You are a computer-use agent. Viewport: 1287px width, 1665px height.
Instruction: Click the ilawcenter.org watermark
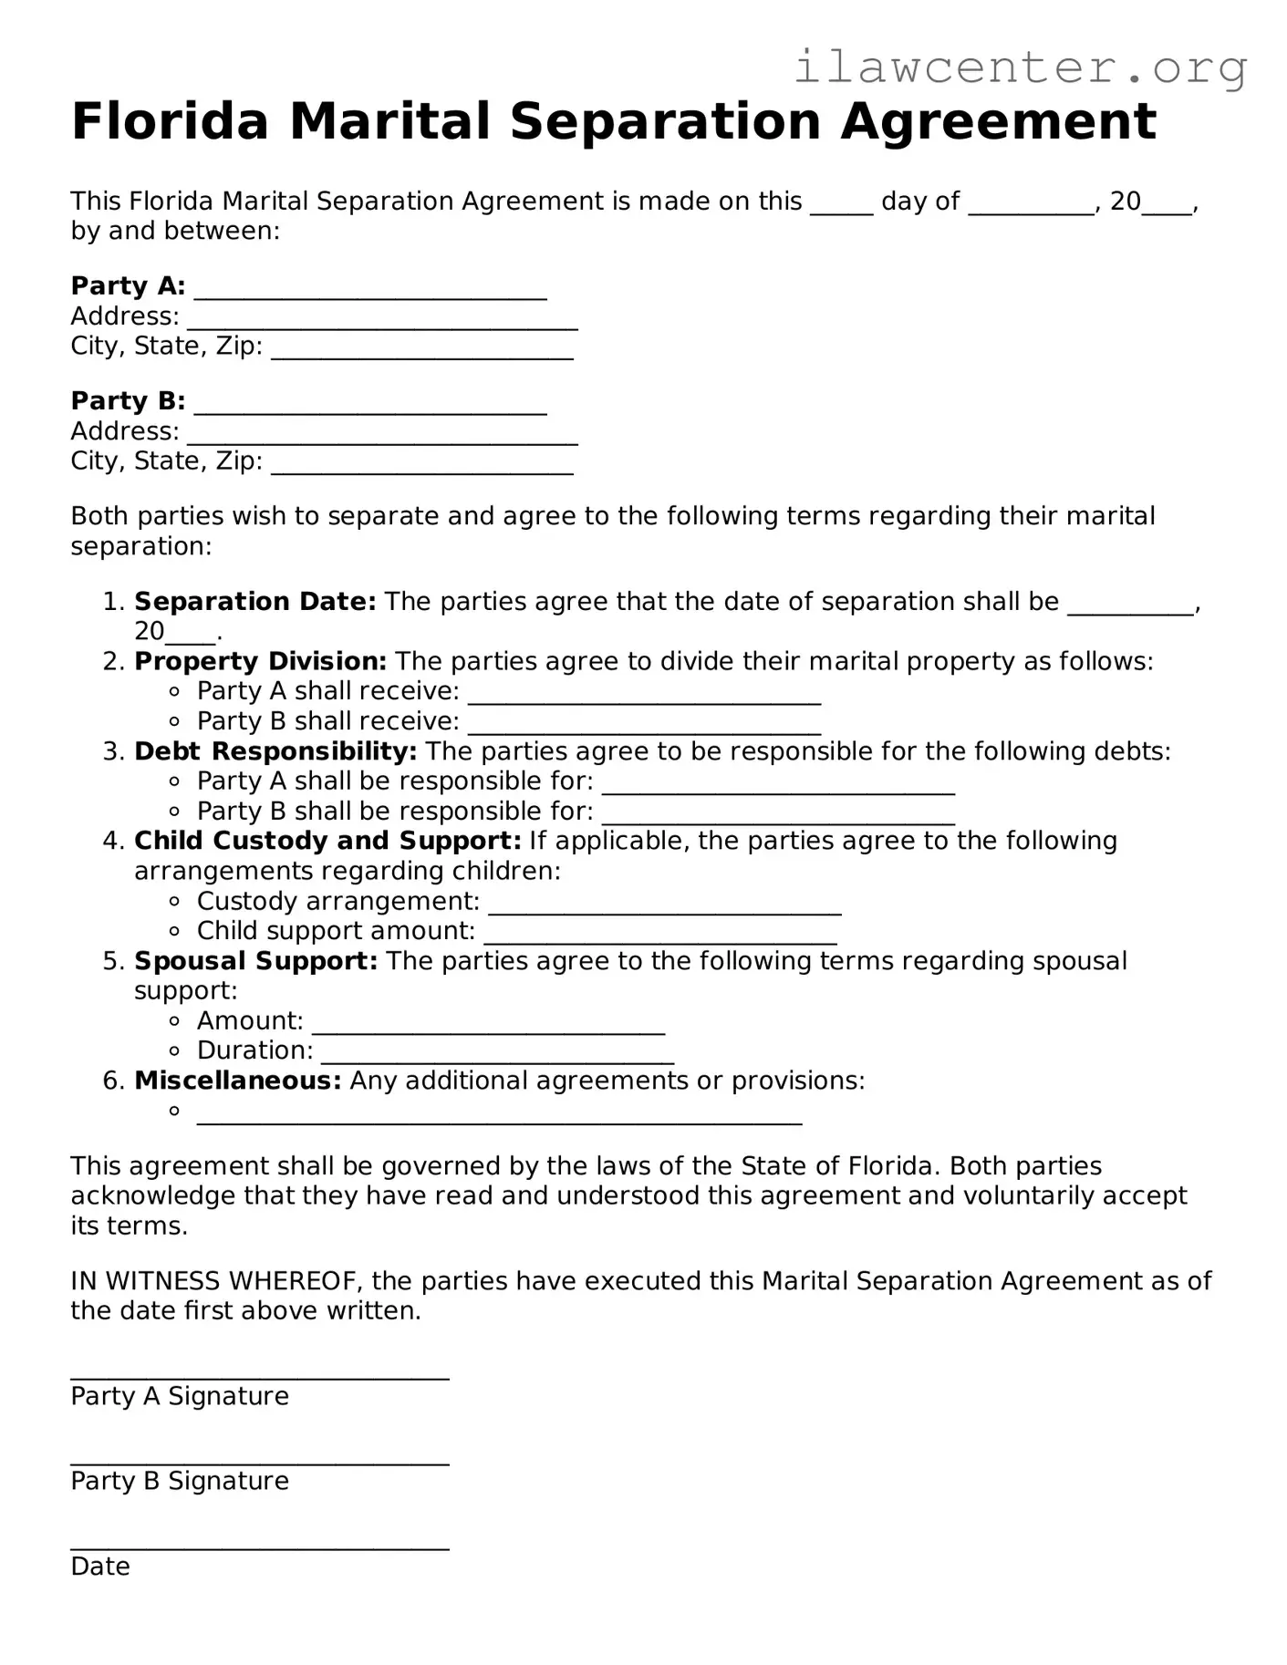pos(1020,67)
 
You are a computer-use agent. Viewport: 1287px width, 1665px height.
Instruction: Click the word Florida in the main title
pos(170,121)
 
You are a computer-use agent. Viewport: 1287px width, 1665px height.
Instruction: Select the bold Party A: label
pos(128,286)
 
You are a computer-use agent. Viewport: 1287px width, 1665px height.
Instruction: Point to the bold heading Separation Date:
pos(254,602)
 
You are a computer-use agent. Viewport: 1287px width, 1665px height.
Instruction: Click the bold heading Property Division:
pos(260,661)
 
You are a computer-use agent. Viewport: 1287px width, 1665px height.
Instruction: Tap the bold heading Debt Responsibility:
pos(275,751)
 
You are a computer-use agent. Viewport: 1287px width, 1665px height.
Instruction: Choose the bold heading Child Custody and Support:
pos(327,841)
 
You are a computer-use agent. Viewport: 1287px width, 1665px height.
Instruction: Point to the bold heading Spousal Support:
pos(255,961)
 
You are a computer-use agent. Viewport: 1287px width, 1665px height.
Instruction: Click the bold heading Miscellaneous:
pos(237,1081)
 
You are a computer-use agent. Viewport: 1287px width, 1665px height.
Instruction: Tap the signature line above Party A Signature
pos(260,1377)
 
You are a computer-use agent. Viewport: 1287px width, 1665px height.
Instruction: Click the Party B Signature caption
pos(180,1481)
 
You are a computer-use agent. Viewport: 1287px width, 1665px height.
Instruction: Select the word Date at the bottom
pos(100,1567)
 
